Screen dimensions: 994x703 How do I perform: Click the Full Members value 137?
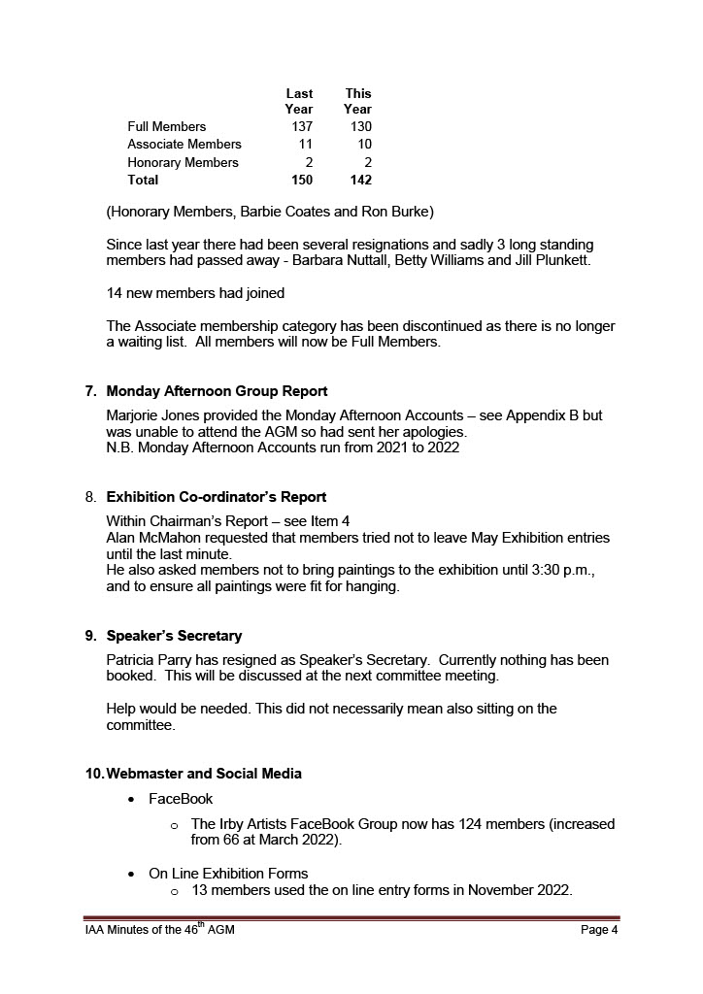(302, 127)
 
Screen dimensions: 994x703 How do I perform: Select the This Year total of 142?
(360, 181)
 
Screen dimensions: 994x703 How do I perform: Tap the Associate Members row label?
(184, 145)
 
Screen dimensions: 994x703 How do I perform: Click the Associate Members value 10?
(363, 145)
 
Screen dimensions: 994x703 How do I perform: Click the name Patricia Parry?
(153, 661)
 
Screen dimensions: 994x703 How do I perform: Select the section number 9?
(90, 637)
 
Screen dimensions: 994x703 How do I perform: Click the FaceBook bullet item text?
(181, 799)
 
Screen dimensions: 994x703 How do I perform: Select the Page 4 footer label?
(599, 930)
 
